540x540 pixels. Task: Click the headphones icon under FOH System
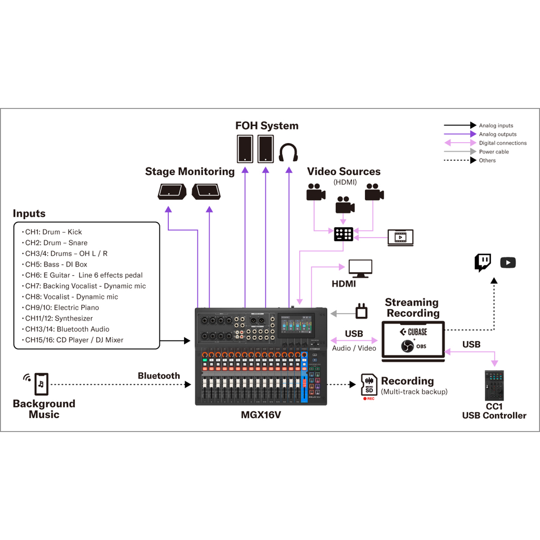(289, 152)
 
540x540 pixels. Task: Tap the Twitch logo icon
(483, 262)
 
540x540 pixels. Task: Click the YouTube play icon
(508, 263)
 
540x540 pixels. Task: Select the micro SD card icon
(369, 384)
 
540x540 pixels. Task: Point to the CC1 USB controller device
(494, 386)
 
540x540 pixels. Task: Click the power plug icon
(362, 311)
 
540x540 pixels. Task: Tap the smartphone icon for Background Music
(41, 384)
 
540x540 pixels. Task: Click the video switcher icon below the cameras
(343, 234)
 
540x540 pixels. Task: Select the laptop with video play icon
(400, 238)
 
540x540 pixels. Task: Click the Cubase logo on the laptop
(414, 332)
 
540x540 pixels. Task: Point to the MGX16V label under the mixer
(261, 415)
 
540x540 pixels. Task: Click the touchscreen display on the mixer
(297, 324)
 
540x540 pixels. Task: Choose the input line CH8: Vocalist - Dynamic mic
(72, 297)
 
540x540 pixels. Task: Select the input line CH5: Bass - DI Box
(56, 265)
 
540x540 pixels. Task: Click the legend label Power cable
(494, 152)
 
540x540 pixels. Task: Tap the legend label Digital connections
(502, 143)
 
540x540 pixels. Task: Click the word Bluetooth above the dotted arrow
(159, 376)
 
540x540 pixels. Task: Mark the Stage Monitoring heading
(190, 172)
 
